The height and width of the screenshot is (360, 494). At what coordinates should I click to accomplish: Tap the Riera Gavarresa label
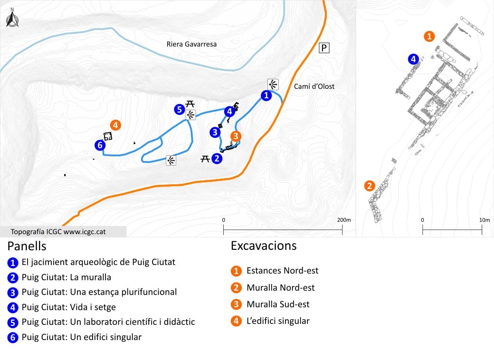click(x=191, y=44)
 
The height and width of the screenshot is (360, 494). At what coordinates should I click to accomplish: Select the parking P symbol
click(x=324, y=48)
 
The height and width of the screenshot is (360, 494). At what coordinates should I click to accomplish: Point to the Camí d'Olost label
click(x=314, y=86)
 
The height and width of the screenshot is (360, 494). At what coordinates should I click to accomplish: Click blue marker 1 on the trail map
click(x=266, y=95)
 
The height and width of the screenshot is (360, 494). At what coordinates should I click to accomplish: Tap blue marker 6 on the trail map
click(x=100, y=145)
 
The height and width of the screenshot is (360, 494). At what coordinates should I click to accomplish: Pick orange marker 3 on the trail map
click(x=236, y=136)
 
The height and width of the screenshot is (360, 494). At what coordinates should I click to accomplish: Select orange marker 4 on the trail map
click(x=115, y=125)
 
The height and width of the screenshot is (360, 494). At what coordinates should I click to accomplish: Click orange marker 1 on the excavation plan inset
click(x=429, y=36)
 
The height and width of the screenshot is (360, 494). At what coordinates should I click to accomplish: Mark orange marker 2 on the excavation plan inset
click(x=370, y=186)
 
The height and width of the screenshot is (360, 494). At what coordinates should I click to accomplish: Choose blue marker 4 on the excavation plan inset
click(x=413, y=59)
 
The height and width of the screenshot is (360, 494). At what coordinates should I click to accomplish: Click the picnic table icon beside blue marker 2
click(x=205, y=159)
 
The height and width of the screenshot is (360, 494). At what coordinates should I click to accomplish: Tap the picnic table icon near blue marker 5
click(x=190, y=104)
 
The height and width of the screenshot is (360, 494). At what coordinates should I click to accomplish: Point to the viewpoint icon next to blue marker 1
click(x=273, y=85)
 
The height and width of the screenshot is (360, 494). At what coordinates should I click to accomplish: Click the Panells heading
click(x=27, y=246)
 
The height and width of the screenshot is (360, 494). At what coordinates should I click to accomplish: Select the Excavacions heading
click(x=264, y=246)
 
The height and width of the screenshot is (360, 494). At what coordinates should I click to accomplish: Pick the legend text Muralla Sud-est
click(x=278, y=304)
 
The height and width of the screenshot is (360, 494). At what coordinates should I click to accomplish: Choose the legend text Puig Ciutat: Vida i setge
click(x=69, y=307)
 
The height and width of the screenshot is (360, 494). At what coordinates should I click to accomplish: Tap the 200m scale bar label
click(x=344, y=220)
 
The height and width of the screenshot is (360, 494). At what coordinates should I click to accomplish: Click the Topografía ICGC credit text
click(x=58, y=232)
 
